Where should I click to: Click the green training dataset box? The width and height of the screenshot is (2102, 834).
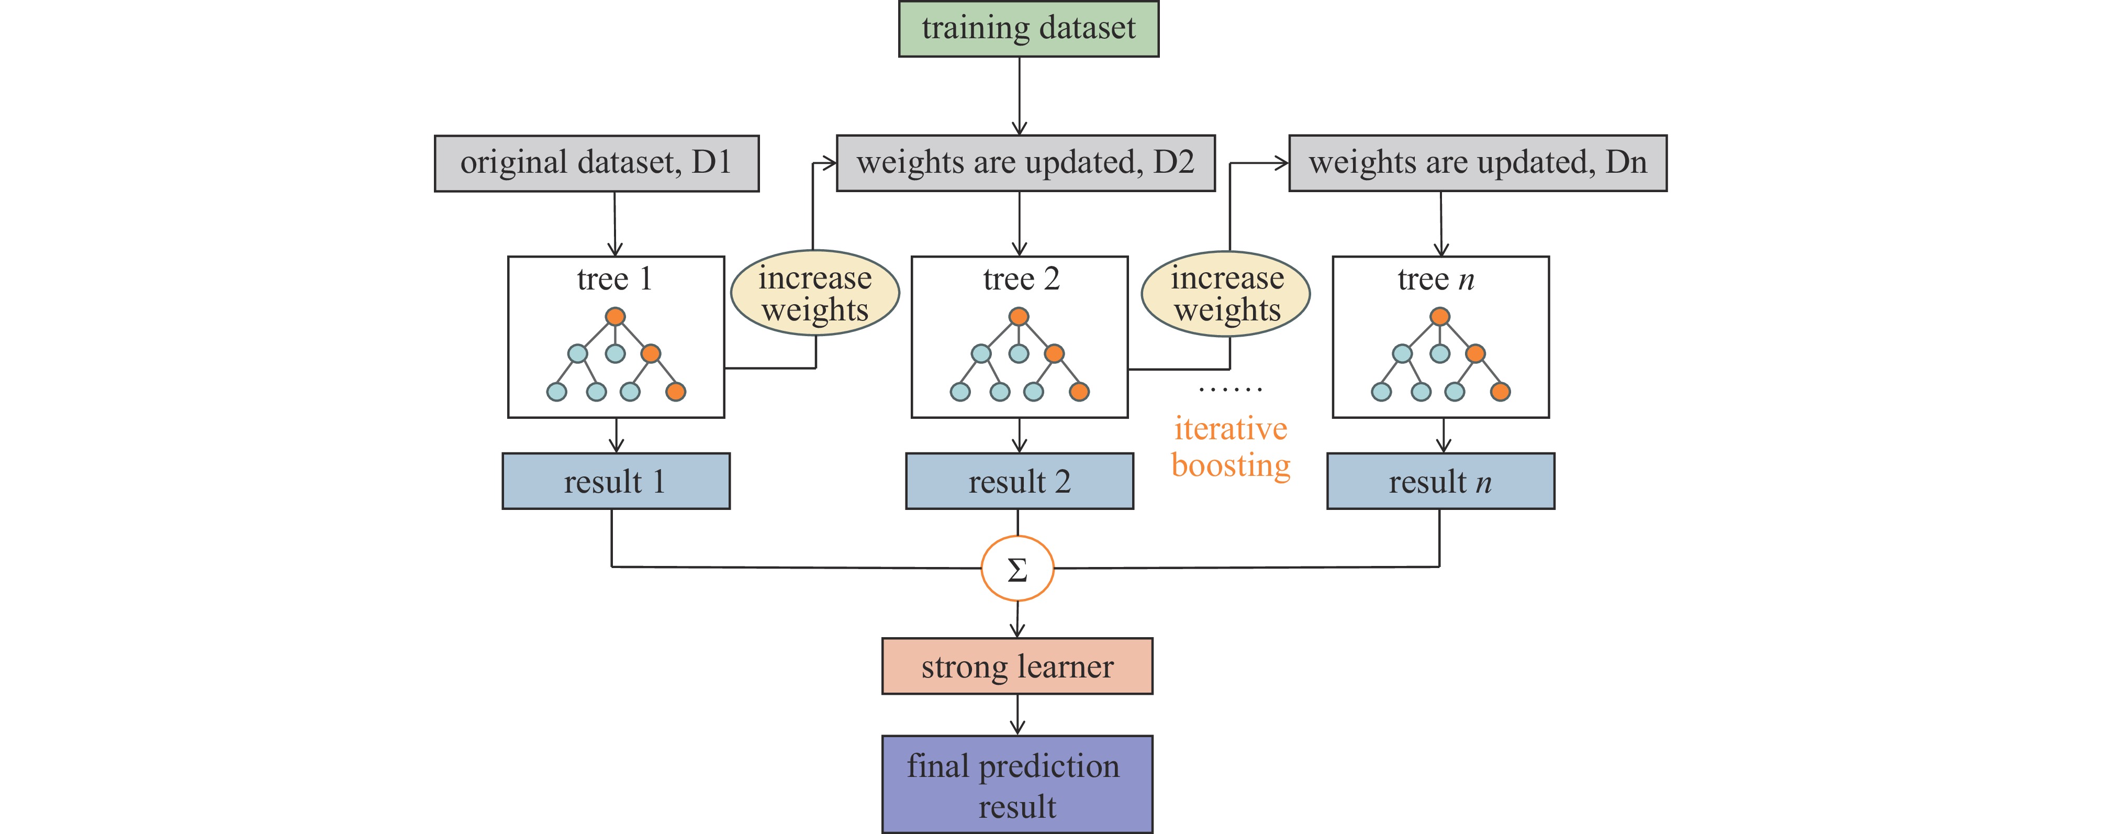(1028, 29)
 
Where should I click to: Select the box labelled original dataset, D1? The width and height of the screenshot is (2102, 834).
(597, 163)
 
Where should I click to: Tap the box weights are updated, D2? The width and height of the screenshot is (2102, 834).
(1026, 163)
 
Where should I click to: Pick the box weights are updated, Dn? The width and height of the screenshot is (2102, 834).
(1478, 163)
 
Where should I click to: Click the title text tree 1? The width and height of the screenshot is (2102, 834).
(614, 279)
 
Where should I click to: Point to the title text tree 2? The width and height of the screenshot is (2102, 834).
(1021, 279)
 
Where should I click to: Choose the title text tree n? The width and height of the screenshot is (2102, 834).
(1435, 279)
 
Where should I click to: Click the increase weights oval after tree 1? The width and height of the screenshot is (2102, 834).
(815, 294)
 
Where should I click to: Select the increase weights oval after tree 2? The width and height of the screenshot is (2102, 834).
(1226, 294)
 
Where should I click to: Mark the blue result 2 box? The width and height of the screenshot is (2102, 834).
(1019, 482)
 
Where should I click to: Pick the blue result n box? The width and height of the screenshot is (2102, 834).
(1440, 482)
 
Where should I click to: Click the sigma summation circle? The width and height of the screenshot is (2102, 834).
(1018, 569)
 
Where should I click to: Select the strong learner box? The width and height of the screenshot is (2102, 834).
(1018, 666)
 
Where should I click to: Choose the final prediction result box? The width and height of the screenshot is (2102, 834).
(1018, 785)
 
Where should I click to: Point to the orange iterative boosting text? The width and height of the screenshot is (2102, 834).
(1231, 447)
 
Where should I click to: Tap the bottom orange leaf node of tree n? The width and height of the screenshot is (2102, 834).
(1500, 392)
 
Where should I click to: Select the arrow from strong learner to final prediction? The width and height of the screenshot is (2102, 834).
(1018, 715)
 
